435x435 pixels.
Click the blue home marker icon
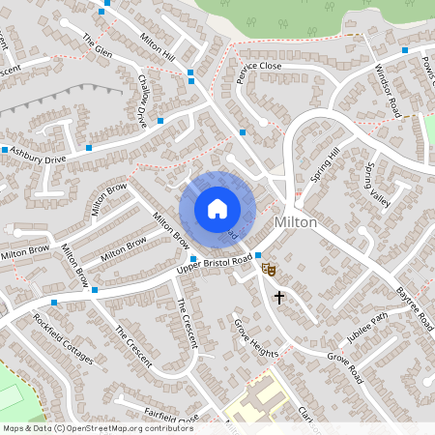(x=217, y=209)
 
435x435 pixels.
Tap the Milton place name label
(x=295, y=222)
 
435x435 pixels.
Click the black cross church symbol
(x=279, y=297)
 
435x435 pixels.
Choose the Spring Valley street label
(x=377, y=186)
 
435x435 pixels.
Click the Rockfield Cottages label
(x=63, y=339)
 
